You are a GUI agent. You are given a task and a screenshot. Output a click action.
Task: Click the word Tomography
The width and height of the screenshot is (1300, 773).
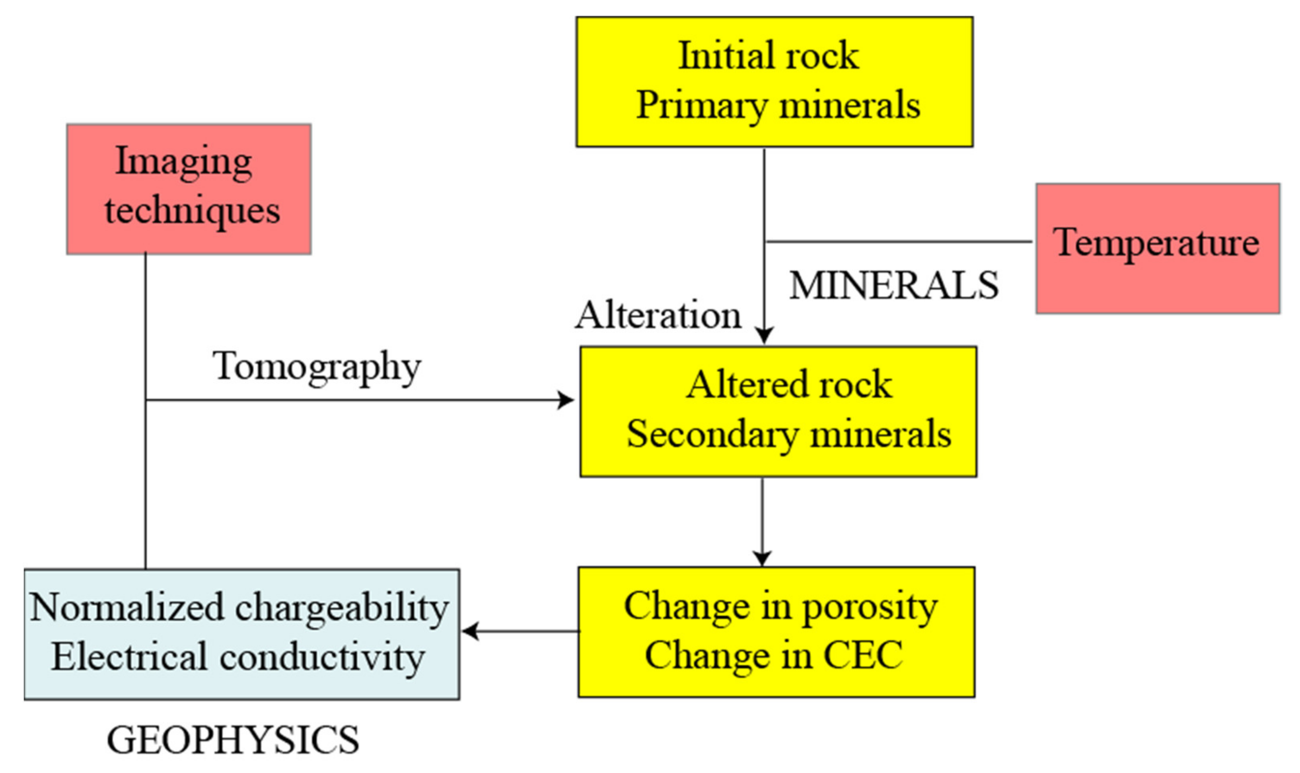(x=316, y=367)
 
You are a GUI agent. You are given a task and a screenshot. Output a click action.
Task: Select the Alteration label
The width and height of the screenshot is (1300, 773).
(x=658, y=315)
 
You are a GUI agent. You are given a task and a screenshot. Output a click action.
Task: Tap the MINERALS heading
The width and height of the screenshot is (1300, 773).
(x=893, y=286)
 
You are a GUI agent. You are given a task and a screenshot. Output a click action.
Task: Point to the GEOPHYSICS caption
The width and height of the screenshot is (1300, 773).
(x=233, y=740)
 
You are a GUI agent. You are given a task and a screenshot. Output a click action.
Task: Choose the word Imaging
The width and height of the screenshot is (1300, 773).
(x=184, y=162)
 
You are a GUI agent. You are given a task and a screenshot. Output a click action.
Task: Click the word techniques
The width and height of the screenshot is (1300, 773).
(x=192, y=211)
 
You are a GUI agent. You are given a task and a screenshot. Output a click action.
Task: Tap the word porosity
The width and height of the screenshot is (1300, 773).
(x=869, y=607)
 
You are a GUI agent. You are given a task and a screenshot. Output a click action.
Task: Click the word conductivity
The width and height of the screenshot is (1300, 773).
(x=322, y=657)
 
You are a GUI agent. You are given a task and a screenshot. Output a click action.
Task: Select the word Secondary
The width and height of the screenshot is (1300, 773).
(x=712, y=435)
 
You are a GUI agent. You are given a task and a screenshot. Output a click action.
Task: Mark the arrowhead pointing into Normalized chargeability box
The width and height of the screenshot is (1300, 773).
(x=469, y=631)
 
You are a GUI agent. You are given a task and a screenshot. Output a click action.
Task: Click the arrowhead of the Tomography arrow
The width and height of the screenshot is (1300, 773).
(x=566, y=400)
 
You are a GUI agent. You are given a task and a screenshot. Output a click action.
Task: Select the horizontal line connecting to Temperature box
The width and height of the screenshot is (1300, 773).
(x=898, y=242)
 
